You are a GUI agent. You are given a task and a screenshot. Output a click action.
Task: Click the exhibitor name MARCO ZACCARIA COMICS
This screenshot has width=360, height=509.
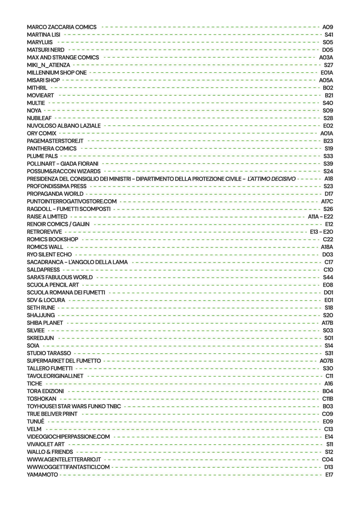61,27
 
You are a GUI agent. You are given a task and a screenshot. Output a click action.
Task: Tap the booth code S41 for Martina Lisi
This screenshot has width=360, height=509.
328,35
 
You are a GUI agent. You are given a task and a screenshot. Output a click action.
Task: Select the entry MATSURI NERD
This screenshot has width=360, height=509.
46,50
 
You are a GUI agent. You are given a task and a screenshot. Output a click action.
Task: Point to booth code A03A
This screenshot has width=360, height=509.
326,58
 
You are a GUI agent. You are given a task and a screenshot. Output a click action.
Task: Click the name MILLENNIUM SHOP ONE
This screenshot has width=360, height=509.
57,73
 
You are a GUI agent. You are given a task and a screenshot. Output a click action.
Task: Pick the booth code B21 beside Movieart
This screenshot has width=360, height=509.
329,95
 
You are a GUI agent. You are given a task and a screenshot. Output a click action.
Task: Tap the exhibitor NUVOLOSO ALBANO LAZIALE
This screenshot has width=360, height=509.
64,126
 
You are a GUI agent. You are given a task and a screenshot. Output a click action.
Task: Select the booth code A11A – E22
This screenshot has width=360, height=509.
320,217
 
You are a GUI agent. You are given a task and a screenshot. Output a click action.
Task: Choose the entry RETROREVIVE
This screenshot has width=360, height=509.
44,232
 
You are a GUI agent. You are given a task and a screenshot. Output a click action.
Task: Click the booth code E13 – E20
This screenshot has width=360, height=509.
321,232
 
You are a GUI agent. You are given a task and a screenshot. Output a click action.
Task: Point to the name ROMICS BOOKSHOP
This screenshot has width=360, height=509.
52,239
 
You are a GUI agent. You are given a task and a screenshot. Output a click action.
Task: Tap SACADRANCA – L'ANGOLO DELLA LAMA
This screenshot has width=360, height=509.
77,262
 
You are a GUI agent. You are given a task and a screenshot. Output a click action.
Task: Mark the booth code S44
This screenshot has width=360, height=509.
328,277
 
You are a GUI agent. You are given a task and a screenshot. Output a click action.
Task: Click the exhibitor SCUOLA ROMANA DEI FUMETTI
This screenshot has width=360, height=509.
66,292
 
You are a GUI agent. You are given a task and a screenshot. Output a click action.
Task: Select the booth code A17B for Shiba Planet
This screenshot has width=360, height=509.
327,323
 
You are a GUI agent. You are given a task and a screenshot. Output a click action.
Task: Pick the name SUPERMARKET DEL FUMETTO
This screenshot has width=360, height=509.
64,361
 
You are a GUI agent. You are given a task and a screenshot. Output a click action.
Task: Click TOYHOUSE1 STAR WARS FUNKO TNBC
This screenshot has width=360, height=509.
74,406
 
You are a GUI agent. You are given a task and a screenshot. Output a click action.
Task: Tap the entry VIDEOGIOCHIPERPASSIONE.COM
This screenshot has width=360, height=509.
68,437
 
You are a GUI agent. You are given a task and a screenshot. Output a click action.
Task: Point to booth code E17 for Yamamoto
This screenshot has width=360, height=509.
329,475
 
